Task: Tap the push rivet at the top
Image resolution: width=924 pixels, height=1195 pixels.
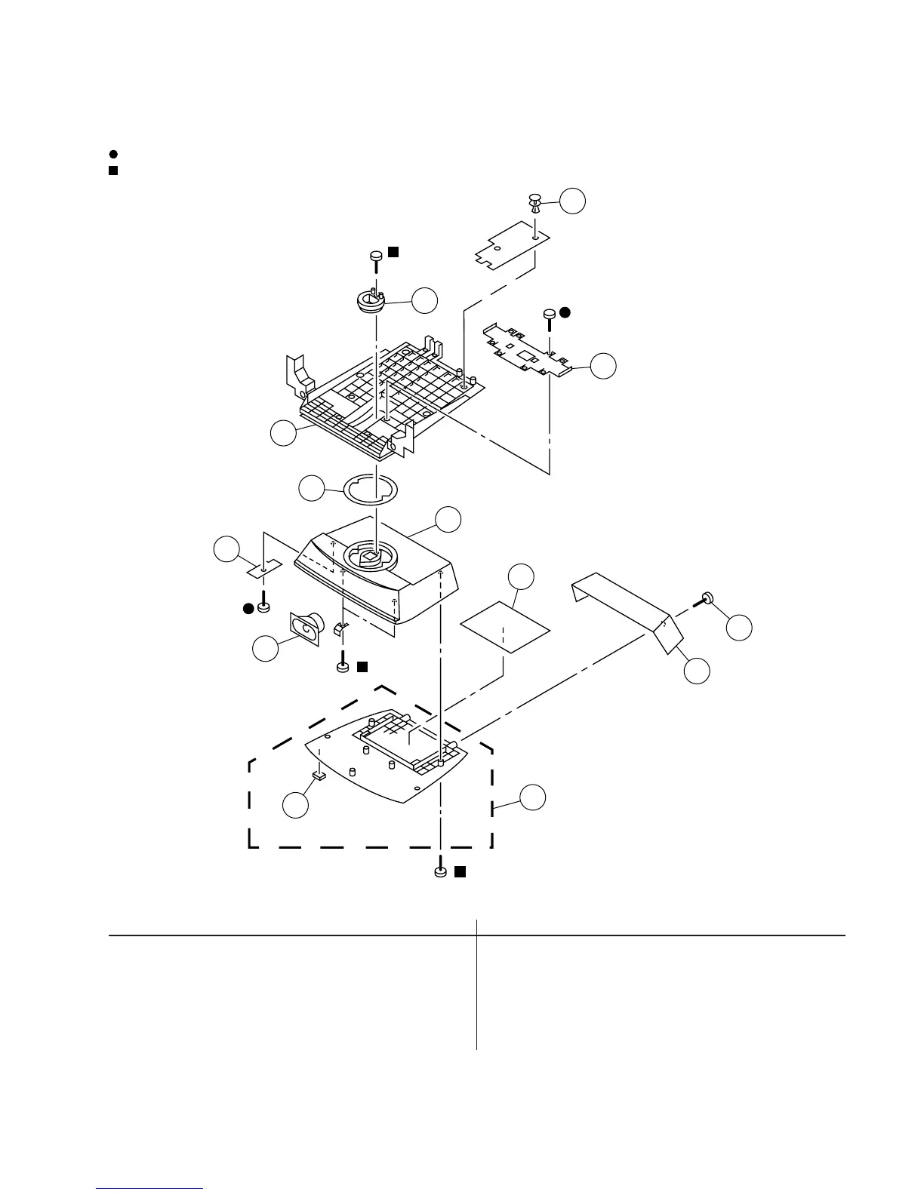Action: coord(534,201)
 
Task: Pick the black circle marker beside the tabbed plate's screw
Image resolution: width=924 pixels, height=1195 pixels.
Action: coord(565,311)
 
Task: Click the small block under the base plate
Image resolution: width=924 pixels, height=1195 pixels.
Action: coord(319,774)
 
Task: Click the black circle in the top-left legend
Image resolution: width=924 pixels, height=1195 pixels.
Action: coord(112,154)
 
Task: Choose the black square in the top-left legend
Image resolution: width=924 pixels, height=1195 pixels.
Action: coord(112,170)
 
